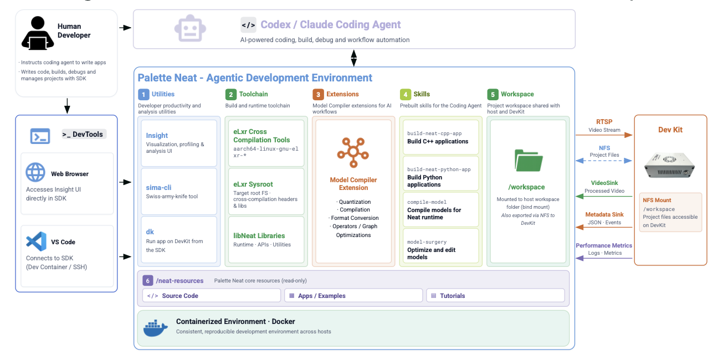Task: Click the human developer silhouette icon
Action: pyautogui.click(x=38, y=33)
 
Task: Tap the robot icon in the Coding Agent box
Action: pyautogui.click(x=190, y=28)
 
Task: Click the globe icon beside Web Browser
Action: pyautogui.click(x=35, y=172)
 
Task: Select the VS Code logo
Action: pyautogui.click(x=36, y=241)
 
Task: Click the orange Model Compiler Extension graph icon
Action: pyautogui.click(x=353, y=152)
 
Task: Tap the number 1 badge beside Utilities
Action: pyautogui.click(x=143, y=94)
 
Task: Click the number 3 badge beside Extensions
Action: pyautogui.click(x=318, y=94)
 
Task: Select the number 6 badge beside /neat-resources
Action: pyautogui.click(x=147, y=281)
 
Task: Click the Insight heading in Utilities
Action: pyautogui.click(x=157, y=135)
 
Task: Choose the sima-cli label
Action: pyautogui.click(x=158, y=187)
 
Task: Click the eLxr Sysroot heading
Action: pyautogui.click(x=253, y=184)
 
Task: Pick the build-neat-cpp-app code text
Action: pyautogui.click(x=434, y=133)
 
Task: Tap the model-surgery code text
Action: pyautogui.click(x=427, y=241)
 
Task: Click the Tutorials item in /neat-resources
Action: pyautogui.click(x=452, y=296)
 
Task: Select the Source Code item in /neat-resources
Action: pyautogui.click(x=180, y=296)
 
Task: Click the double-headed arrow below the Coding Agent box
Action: pyautogui.click(x=353, y=58)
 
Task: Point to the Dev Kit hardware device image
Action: pyautogui.click(x=669, y=165)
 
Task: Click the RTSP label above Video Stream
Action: pyautogui.click(x=604, y=122)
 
